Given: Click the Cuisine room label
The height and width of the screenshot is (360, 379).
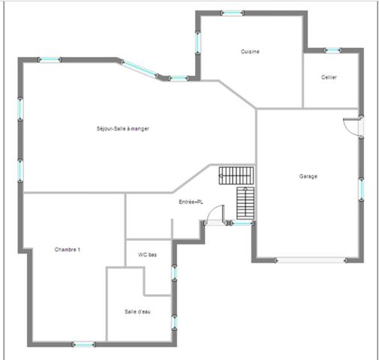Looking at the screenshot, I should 250,51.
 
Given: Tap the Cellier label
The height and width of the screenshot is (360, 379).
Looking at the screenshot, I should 329,77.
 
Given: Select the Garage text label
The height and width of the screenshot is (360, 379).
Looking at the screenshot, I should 308,176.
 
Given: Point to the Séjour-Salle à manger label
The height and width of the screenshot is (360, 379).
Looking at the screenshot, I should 123,129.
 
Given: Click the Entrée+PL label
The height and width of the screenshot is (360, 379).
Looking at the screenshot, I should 191,202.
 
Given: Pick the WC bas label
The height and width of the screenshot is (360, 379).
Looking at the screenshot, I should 147,255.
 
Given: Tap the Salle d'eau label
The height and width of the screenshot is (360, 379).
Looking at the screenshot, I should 137,311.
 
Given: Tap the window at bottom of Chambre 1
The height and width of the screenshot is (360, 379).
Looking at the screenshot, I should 84,344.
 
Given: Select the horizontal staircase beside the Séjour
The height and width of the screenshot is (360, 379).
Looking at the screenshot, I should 233,176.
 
